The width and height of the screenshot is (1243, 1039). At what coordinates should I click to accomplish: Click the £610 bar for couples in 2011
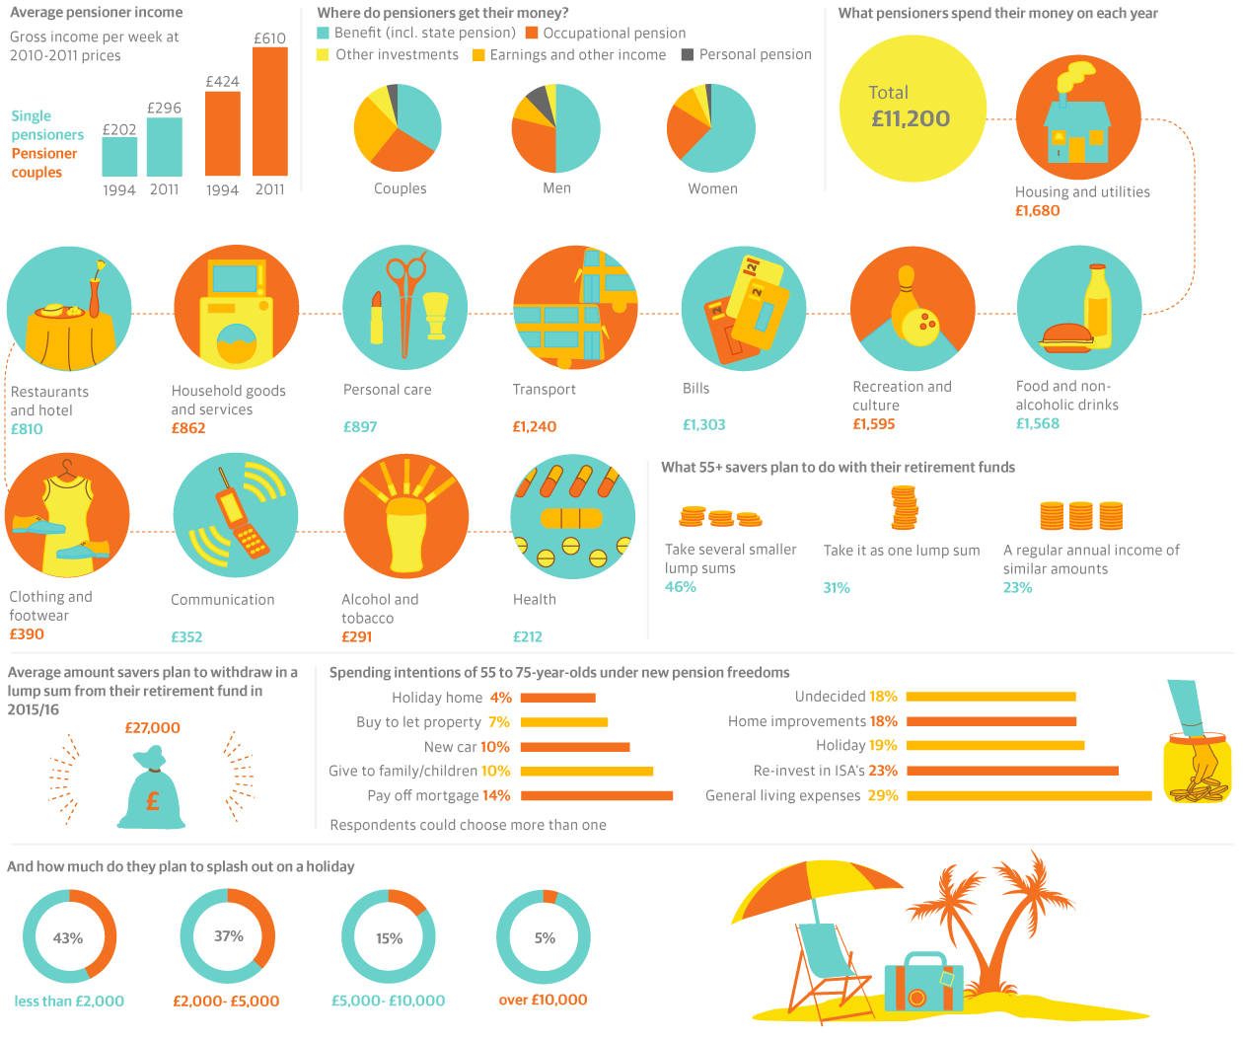(x=269, y=111)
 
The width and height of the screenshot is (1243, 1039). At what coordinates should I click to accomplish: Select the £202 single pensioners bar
(x=119, y=157)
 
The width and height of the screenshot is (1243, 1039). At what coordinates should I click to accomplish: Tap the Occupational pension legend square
(x=532, y=33)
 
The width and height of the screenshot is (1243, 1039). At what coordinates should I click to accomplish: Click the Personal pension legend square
(x=688, y=54)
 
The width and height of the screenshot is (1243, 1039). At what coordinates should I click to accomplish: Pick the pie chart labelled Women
(x=711, y=128)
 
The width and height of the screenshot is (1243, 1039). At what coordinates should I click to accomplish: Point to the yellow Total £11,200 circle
(x=913, y=109)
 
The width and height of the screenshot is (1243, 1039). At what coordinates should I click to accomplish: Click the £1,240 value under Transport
(x=534, y=426)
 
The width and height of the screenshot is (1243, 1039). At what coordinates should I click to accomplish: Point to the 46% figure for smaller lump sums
(x=681, y=586)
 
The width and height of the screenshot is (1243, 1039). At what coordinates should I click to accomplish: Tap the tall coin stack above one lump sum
(x=904, y=507)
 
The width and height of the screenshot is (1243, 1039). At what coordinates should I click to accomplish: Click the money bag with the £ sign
(x=152, y=790)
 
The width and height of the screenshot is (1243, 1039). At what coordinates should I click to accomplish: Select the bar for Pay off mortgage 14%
(x=596, y=795)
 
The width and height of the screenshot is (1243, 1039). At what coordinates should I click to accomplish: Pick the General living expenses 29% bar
(x=1029, y=795)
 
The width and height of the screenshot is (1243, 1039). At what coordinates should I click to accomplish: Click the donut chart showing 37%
(x=228, y=935)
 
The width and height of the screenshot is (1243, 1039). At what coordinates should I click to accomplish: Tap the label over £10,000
(x=543, y=1000)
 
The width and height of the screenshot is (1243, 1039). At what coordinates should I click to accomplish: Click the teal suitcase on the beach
(x=923, y=983)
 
